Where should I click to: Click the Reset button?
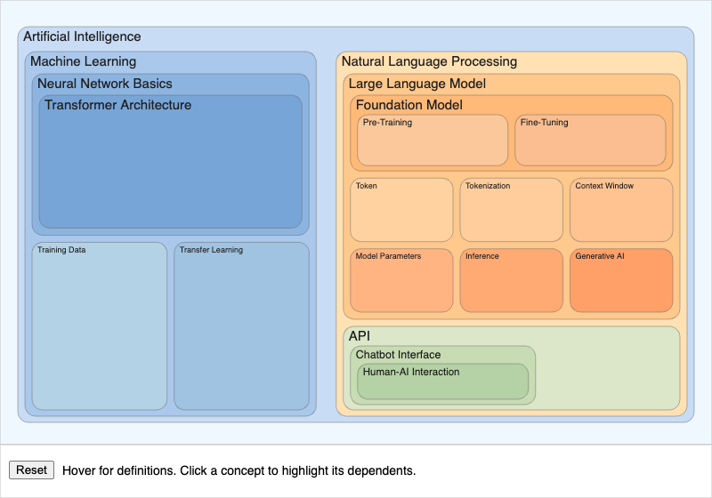tap(31, 470)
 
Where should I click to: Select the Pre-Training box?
tap(433, 141)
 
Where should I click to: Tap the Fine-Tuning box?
tap(590, 141)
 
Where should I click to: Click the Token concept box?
tap(401, 210)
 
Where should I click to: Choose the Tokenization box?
tap(511, 210)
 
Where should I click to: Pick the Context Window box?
tap(621, 210)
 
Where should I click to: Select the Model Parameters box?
tap(401, 280)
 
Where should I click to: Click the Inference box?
tap(511, 280)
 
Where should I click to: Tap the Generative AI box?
tap(621, 280)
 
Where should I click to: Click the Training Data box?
tap(99, 325)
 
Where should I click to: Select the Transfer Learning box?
tap(241, 325)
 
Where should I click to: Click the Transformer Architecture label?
tap(117, 105)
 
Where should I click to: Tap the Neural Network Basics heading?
tap(105, 84)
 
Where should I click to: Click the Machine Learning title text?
tap(83, 61)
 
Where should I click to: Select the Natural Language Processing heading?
tap(429, 61)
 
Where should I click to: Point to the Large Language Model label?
tap(417, 84)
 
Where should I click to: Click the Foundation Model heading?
tap(409, 105)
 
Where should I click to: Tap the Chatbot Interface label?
tap(398, 355)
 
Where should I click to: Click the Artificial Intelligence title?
tap(82, 36)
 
